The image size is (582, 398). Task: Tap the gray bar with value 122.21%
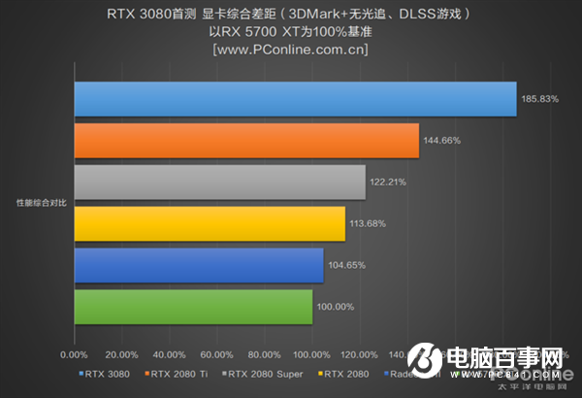pyautogui.click(x=219, y=182)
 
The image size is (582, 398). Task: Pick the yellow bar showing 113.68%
pyautogui.click(x=209, y=224)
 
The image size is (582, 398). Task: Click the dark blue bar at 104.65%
pyautogui.click(x=198, y=265)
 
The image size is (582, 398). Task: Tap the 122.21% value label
pyautogui.click(x=388, y=182)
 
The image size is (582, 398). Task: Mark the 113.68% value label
pyautogui.click(x=368, y=224)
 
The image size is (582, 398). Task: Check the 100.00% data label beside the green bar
pyautogui.click(x=336, y=307)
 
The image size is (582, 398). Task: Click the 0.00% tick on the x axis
pyautogui.click(x=74, y=354)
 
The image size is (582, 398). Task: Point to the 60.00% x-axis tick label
pyautogui.click(x=216, y=354)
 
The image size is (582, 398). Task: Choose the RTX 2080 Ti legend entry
pyautogui.click(x=178, y=373)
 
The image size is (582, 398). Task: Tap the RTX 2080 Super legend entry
pyautogui.click(x=262, y=373)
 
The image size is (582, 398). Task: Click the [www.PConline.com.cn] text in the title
pyautogui.click(x=291, y=50)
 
